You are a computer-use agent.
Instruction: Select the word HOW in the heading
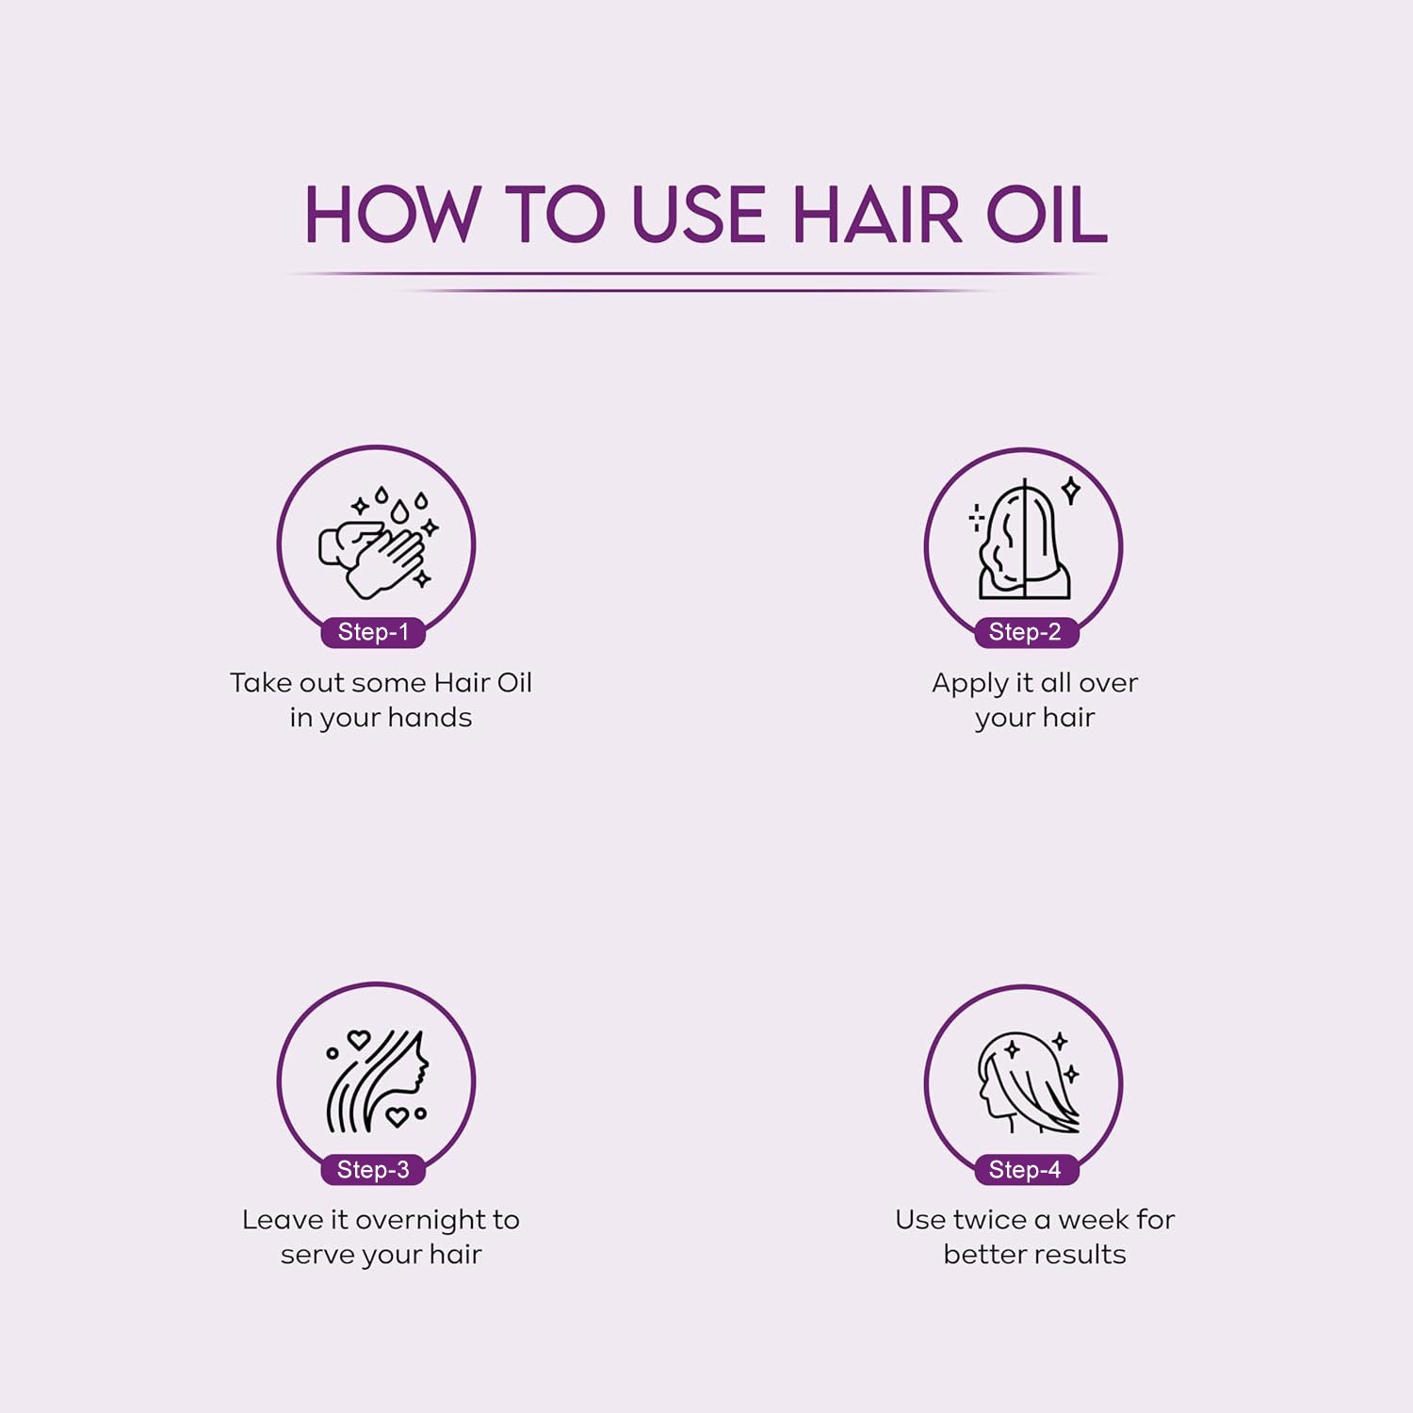coord(392,215)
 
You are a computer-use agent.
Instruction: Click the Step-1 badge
coord(373,632)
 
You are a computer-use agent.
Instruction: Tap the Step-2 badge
coord(1025,632)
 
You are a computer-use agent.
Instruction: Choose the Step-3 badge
coord(373,1170)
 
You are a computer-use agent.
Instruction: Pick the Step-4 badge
coord(1025,1170)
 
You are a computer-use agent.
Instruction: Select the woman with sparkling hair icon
coord(1027,1083)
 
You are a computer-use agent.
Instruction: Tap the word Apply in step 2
coord(969,684)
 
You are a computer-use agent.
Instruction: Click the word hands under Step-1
coord(430,718)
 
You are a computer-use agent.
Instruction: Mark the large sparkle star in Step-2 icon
coord(1071,490)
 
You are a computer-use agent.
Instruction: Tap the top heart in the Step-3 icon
coord(358,1040)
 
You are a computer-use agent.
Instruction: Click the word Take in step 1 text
coord(261,683)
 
